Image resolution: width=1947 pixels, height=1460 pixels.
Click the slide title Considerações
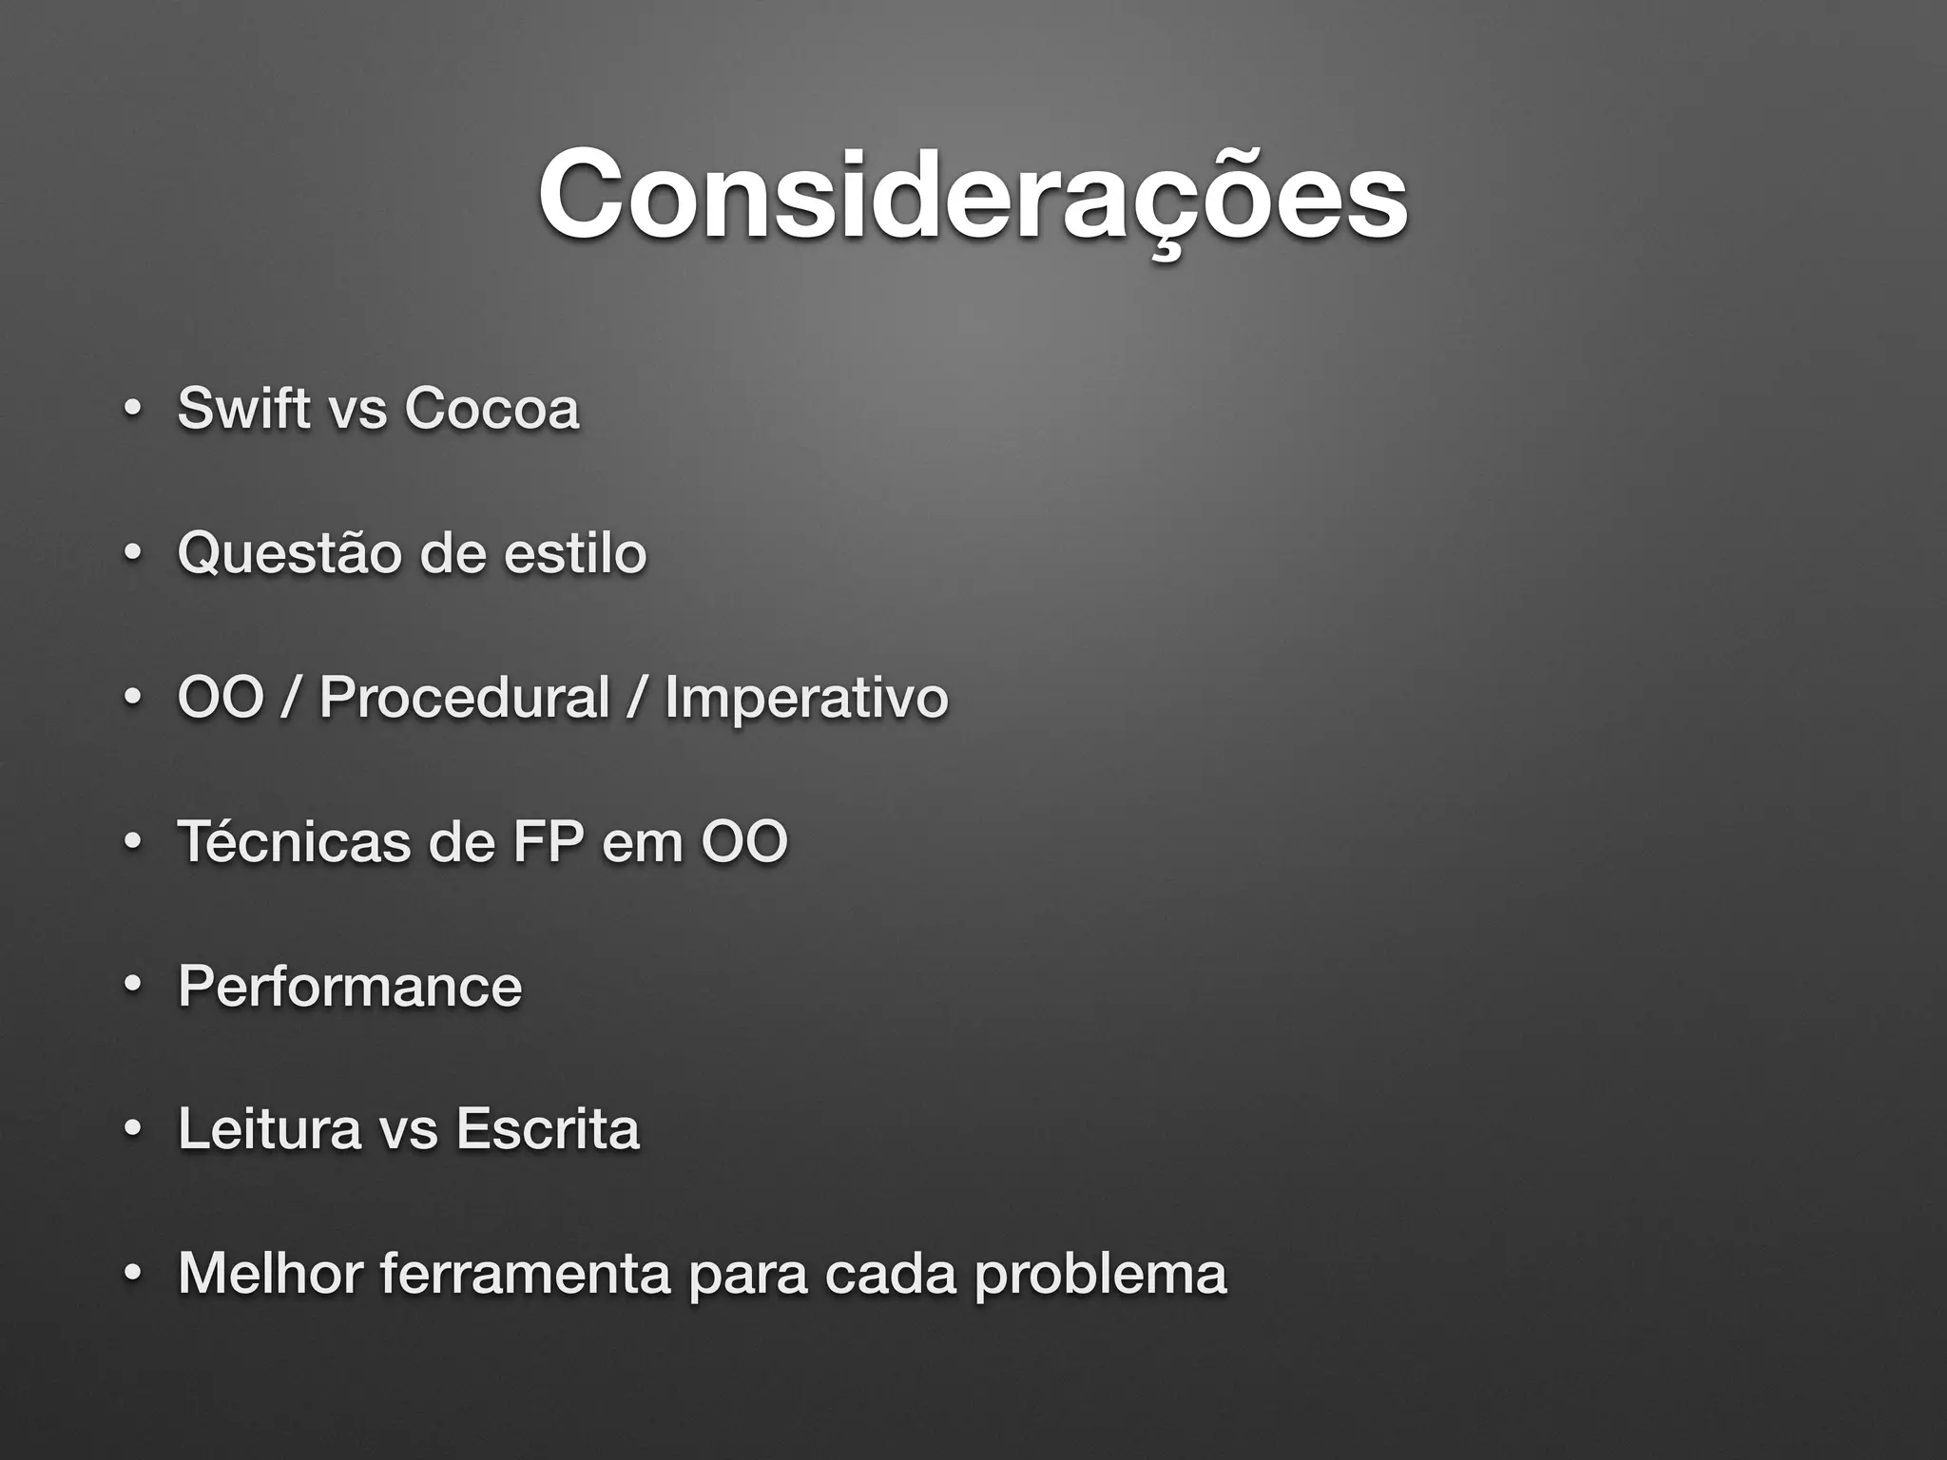click(x=972, y=195)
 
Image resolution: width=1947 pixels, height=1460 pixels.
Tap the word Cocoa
click(x=491, y=409)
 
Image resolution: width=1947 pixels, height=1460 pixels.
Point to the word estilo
click(x=575, y=553)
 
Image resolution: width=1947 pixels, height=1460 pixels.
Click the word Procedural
click(x=464, y=698)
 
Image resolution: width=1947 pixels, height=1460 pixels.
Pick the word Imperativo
click(x=806, y=698)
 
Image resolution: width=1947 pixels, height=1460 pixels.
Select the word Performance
click(x=350, y=986)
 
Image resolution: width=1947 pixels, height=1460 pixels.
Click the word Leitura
click(x=269, y=1129)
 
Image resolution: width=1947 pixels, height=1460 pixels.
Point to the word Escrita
click(x=547, y=1129)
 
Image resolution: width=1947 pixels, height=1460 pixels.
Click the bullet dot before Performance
click(x=132, y=986)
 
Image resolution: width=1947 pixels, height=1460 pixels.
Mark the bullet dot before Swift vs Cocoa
click(x=132, y=410)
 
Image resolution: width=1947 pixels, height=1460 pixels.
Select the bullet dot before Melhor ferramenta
click(x=132, y=1274)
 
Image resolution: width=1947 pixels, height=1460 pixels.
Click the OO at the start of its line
click(x=220, y=698)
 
